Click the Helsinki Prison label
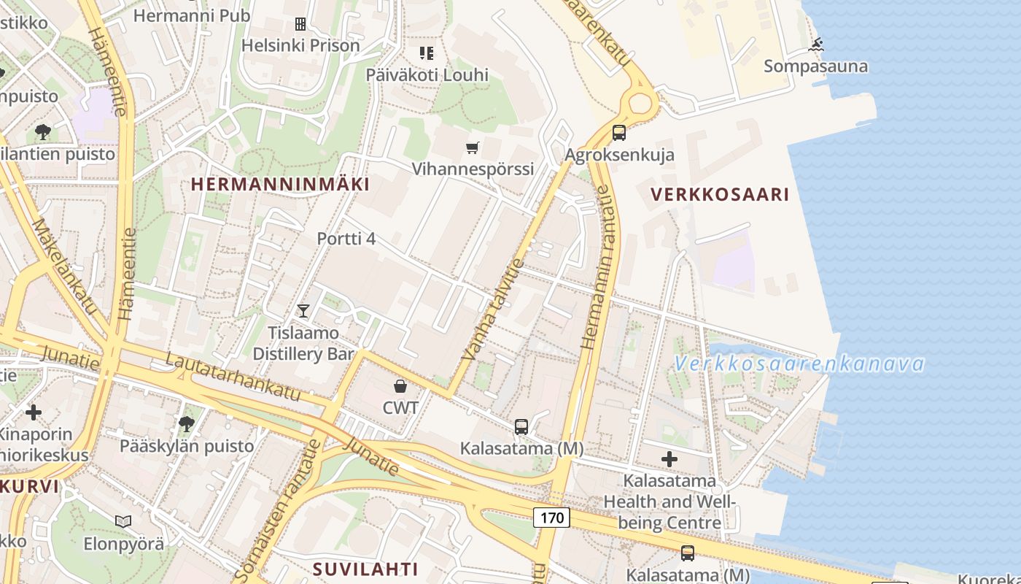pos(300,45)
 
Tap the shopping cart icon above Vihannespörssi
pos(473,148)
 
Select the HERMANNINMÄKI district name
pos(280,184)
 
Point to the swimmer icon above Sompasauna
pos(815,45)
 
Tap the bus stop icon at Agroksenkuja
pos(619,133)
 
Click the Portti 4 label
pos(346,239)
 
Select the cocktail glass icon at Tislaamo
pos(303,311)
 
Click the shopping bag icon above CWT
pos(400,386)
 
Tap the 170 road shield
pos(551,518)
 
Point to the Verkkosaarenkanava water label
pos(799,364)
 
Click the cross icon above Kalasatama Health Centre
pos(669,459)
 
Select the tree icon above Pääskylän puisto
pos(187,424)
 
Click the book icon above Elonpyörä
pos(123,521)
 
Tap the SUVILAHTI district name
pos(365,569)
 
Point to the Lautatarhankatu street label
pos(233,377)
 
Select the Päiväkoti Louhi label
pos(427,75)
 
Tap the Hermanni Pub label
pos(192,15)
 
